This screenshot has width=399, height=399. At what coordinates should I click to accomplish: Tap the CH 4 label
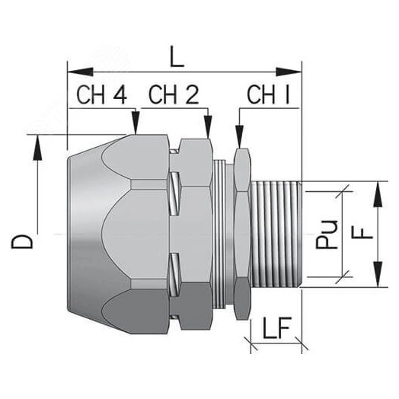[102, 97]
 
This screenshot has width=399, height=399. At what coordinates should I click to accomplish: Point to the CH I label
[270, 97]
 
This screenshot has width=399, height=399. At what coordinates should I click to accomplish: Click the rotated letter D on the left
[25, 242]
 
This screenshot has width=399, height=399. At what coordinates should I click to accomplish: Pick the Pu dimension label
[327, 235]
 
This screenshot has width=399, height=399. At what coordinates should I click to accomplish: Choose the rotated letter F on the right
[365, 229]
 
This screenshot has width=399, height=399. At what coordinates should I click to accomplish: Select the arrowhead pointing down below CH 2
[208, 129]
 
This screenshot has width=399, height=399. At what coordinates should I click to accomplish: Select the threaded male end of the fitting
[278, 235]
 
